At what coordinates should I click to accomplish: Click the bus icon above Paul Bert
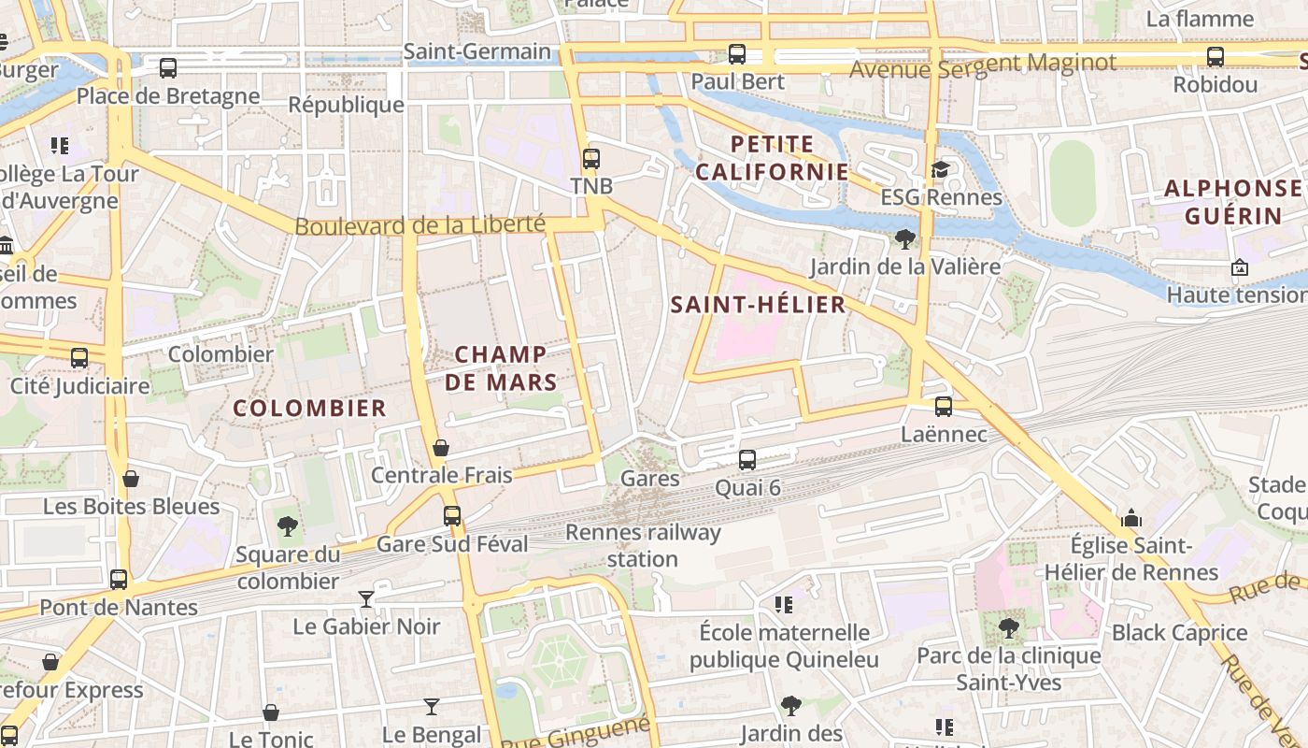point(737,54)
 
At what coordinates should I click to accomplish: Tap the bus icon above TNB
point(590,159)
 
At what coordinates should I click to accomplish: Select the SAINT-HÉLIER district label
point(758,304)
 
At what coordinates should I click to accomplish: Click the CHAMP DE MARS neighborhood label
point(501,367)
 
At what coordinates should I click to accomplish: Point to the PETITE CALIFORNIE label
point(772,158)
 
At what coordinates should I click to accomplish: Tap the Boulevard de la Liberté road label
point(419,225)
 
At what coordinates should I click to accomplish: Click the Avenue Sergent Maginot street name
point(983,65)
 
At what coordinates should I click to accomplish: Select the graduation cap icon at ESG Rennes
point(940,169)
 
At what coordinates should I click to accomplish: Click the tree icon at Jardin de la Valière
point(904,239)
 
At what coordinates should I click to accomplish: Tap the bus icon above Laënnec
point(944,407)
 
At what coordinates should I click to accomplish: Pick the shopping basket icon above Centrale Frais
point(441,448)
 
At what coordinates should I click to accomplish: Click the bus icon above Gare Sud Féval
point(452,516)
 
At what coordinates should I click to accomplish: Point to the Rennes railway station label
point(643,546)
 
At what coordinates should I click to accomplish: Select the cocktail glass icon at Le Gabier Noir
point(366,598)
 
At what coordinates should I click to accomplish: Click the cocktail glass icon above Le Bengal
point(431,707)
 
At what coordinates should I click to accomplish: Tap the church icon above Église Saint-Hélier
point(1131,518)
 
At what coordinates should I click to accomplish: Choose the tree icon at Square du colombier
point(288,526)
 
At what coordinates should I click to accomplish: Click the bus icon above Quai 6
point(747,459)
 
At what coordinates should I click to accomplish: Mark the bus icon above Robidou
point(1215,57)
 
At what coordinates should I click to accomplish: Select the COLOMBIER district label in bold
point(309,408)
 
